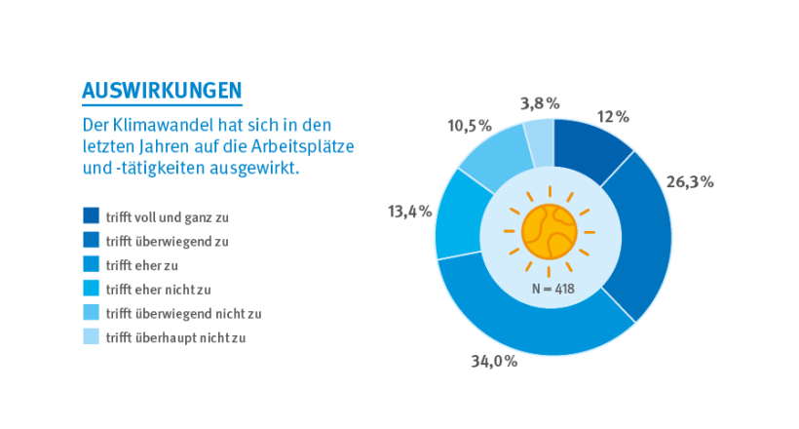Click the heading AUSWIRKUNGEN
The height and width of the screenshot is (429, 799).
click(162, 91)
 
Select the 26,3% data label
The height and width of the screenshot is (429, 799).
click(690, 181)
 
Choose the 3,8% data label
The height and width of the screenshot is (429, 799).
click(540, 102)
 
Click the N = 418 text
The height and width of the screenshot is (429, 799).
click(553, 290)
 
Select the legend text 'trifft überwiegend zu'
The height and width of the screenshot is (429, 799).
click(168, 240)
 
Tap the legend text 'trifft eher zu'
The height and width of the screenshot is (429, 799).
click(148, 264)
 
